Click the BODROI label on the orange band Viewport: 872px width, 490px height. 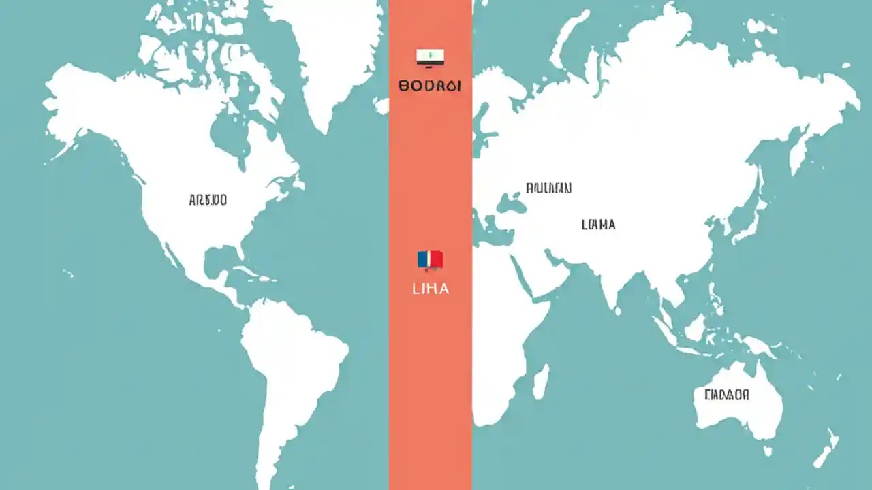tap(430, 86)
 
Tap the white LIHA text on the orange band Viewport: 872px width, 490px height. tap(431, 289)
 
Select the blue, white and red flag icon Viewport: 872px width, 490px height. tap(430, 259)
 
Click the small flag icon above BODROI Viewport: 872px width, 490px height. tap(430, 57)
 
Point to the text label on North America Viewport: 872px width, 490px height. tap(208, 200)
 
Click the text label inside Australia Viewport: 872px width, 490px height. tap(727, 395)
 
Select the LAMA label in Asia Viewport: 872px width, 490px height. tap(598, 225)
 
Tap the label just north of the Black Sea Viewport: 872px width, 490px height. tap(548, 188)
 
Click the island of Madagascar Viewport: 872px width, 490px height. tap(540, 381)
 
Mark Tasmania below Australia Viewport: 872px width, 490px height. tap(767, 450)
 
